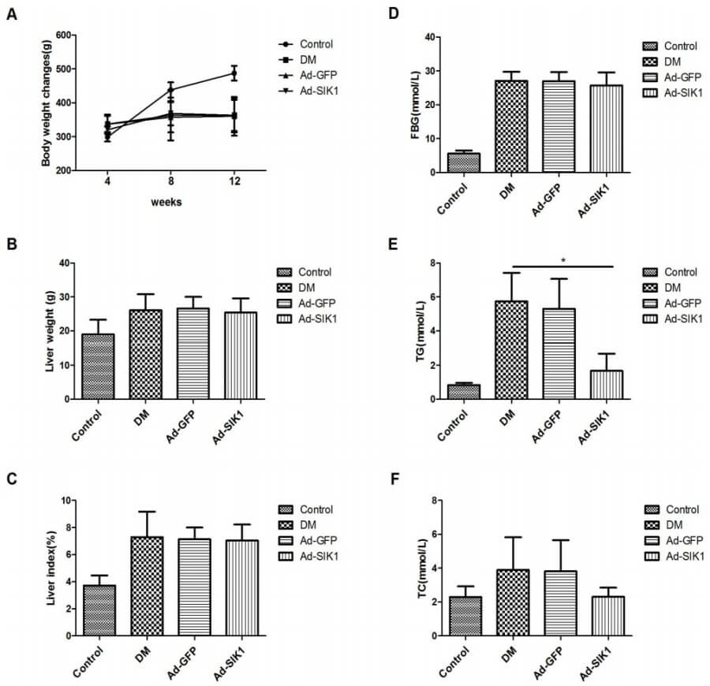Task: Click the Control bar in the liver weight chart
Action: [x=99, y=366]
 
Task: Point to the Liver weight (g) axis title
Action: [x=48, y=330]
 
